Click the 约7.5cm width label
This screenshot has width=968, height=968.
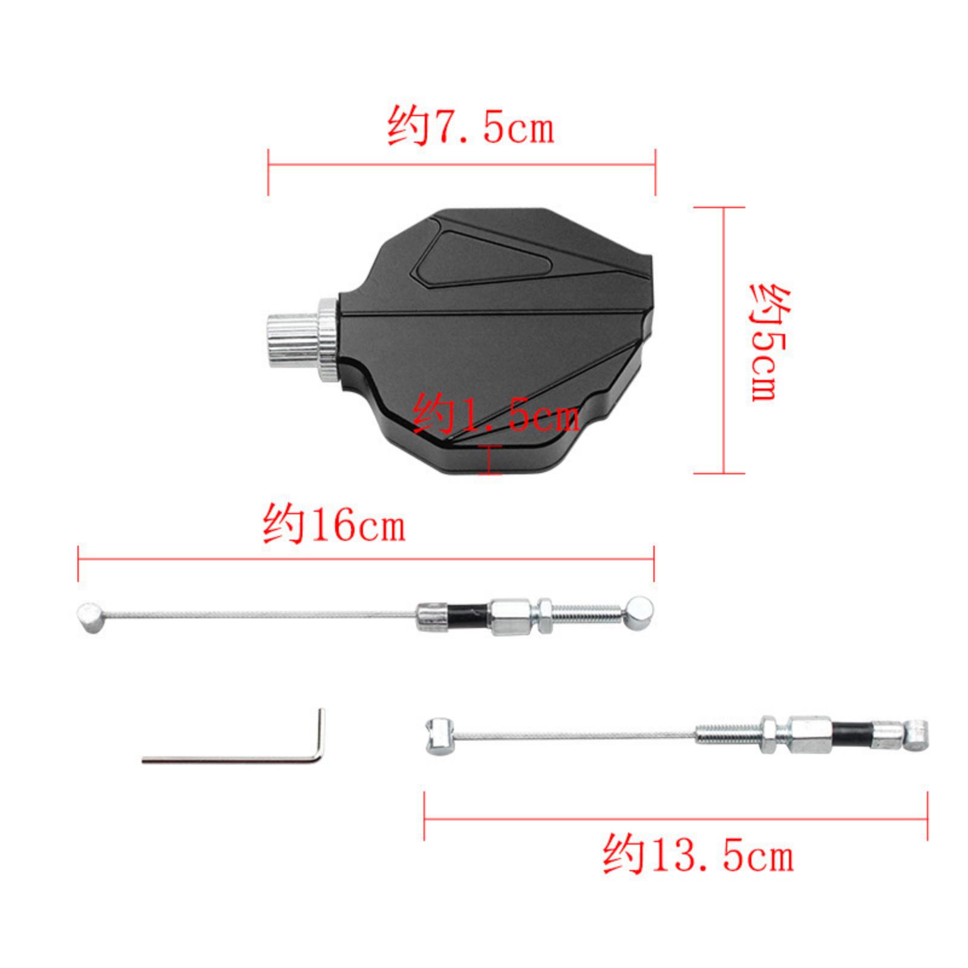(x=470, y=126)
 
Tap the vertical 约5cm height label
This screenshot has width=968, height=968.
(x=770, y=342)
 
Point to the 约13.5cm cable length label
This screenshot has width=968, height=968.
(x=698, y=854)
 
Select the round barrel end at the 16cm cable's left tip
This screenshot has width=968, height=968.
(x=90, y=617)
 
